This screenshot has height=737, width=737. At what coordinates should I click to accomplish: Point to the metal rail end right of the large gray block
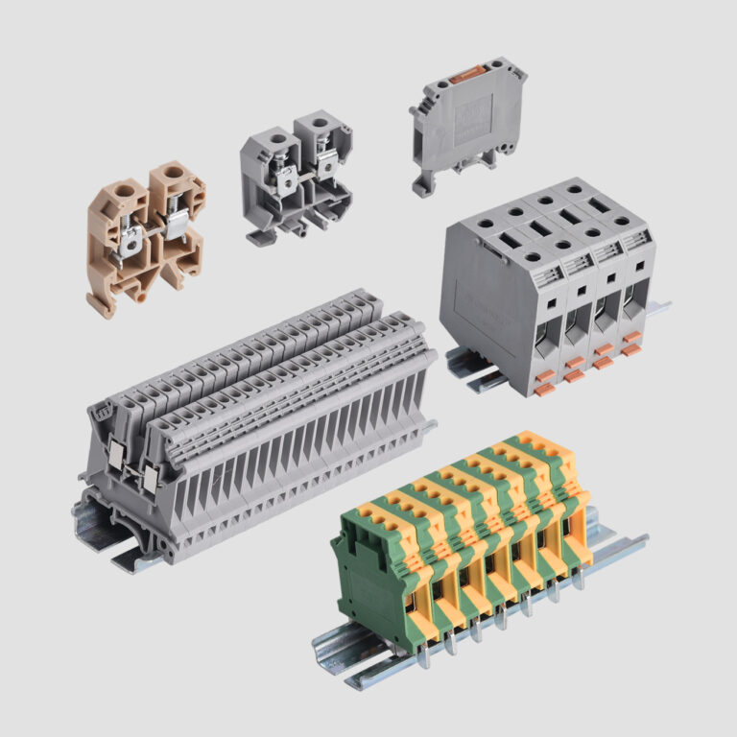[x=660, y=307]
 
